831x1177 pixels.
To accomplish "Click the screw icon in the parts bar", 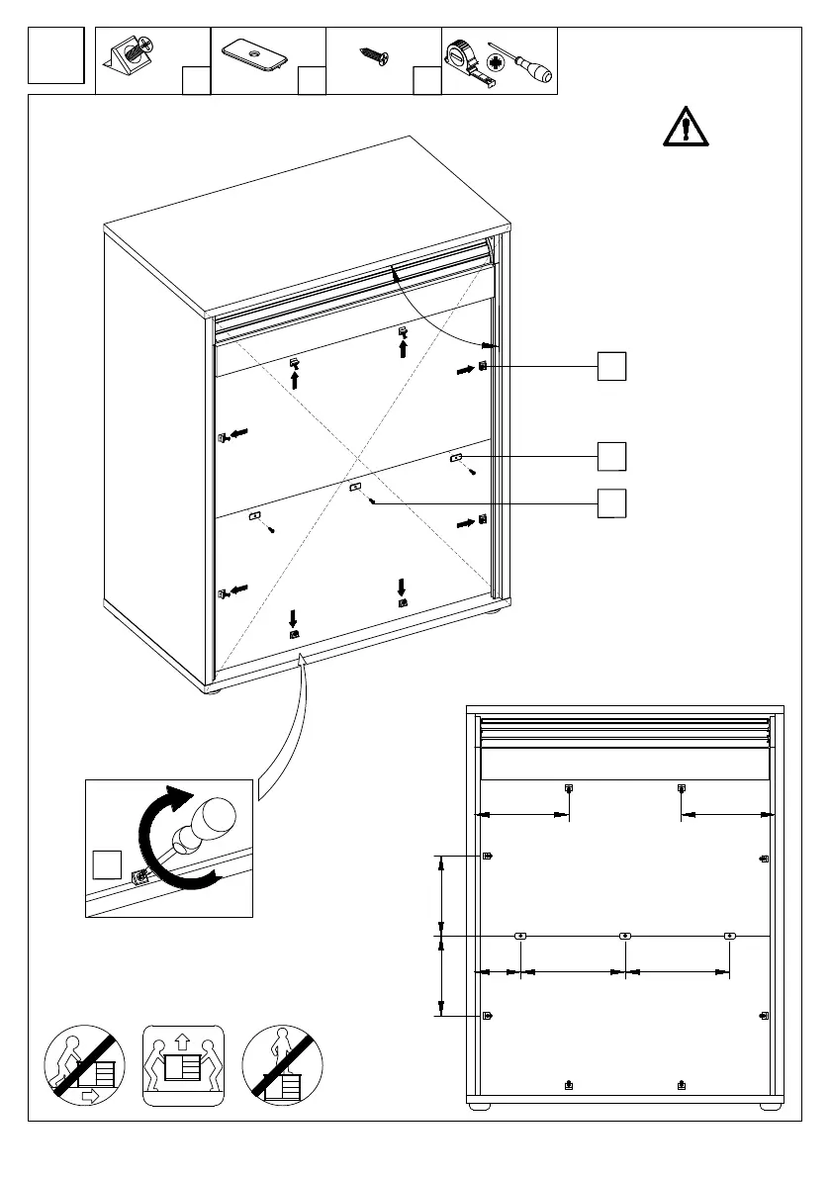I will [x=375, y=57].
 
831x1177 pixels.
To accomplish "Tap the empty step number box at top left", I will [x=55, y=56].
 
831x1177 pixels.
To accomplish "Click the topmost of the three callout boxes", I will [x=611, y=365].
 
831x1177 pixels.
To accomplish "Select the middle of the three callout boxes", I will [x=611, y=456].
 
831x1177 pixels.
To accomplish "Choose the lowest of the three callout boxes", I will [x=611, y=502].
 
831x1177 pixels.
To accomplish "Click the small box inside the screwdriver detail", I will [x=106, y=863].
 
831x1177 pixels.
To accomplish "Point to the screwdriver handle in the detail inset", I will [x=212, y=820].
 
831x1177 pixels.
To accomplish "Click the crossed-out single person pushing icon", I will [x=85, y=1064].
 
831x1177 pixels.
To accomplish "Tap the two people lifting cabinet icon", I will [x=184, y=1065].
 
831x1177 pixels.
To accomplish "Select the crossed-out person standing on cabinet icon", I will [x=283, y=1065].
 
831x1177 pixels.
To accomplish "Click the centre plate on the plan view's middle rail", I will [x=624, y=935].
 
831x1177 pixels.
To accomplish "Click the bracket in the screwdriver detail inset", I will [x=140, y=874].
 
